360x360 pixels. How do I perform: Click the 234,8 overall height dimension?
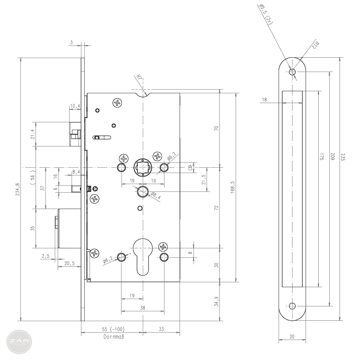click(x=18, y=190)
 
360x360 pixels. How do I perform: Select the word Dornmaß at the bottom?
click(x=114, y=337)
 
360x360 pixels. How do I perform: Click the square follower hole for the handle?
click(x=143, y=167)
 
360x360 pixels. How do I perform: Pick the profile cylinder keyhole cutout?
click(x=143, y=256)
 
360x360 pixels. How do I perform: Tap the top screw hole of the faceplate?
click(x=292, y=72)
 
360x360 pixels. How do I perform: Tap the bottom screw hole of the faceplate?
click(x=292, y=306)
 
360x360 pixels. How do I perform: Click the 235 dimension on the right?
click(x=343, y=157)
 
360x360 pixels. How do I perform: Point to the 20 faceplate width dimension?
click(x=292, y=337)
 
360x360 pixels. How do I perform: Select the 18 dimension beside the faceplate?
click(x=264, y=99)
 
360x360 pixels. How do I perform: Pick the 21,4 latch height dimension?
click(x=32, y=134)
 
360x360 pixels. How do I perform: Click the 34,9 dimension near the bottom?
click(x=216, y=301)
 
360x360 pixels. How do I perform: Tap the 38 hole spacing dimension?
click(x=142, y=308)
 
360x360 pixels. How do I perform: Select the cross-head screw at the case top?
click(x=118, y=103)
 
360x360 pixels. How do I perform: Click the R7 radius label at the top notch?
click(x=139, y=77)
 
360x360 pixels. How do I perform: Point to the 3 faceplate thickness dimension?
click(x=71, y=42)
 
